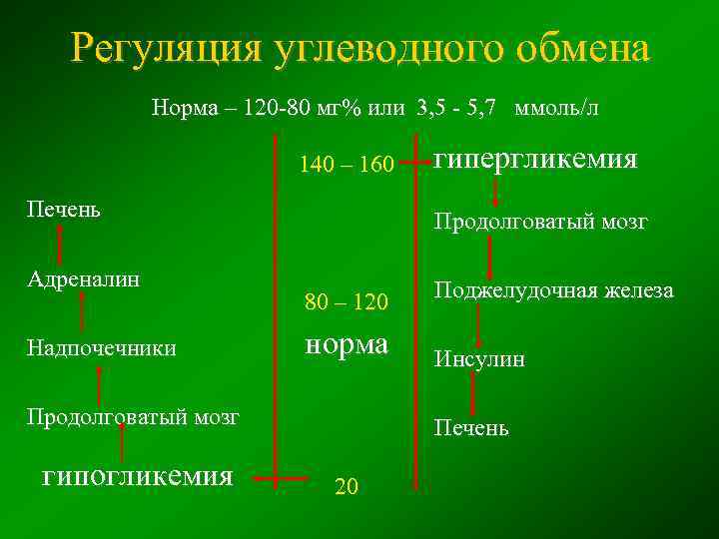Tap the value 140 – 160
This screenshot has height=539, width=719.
pyautogui.click(x=346, y=164)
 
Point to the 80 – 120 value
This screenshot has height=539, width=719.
pyautogui.click(x=346, y=299)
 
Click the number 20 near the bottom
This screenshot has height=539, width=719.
pyautogui.click(x=347, y=486)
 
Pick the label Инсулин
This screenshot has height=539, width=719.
pyautogui.click(x=478, y=359)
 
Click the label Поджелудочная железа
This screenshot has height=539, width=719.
pyautogui.click(x=552, y=291)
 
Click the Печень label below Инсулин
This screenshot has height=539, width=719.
pyautogui.click(x=470, y=429)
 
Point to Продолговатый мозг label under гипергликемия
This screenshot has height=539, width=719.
pyautogui.click(x=540, y=222)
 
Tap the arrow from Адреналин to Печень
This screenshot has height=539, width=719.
pyautogui.click(x=60, y=243)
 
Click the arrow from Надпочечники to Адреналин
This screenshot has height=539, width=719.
pyautogui.click(x=81, y=312)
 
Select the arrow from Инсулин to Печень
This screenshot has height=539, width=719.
pyautogui.click(x=474, y=394)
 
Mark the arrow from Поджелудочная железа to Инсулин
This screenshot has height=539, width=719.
pyautogui.click(x=478, y=324)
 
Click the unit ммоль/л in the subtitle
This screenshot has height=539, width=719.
pyautogui.click(x=555, y=108)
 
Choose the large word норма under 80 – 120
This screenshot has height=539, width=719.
pyautogui.click(x=346, y=344)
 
